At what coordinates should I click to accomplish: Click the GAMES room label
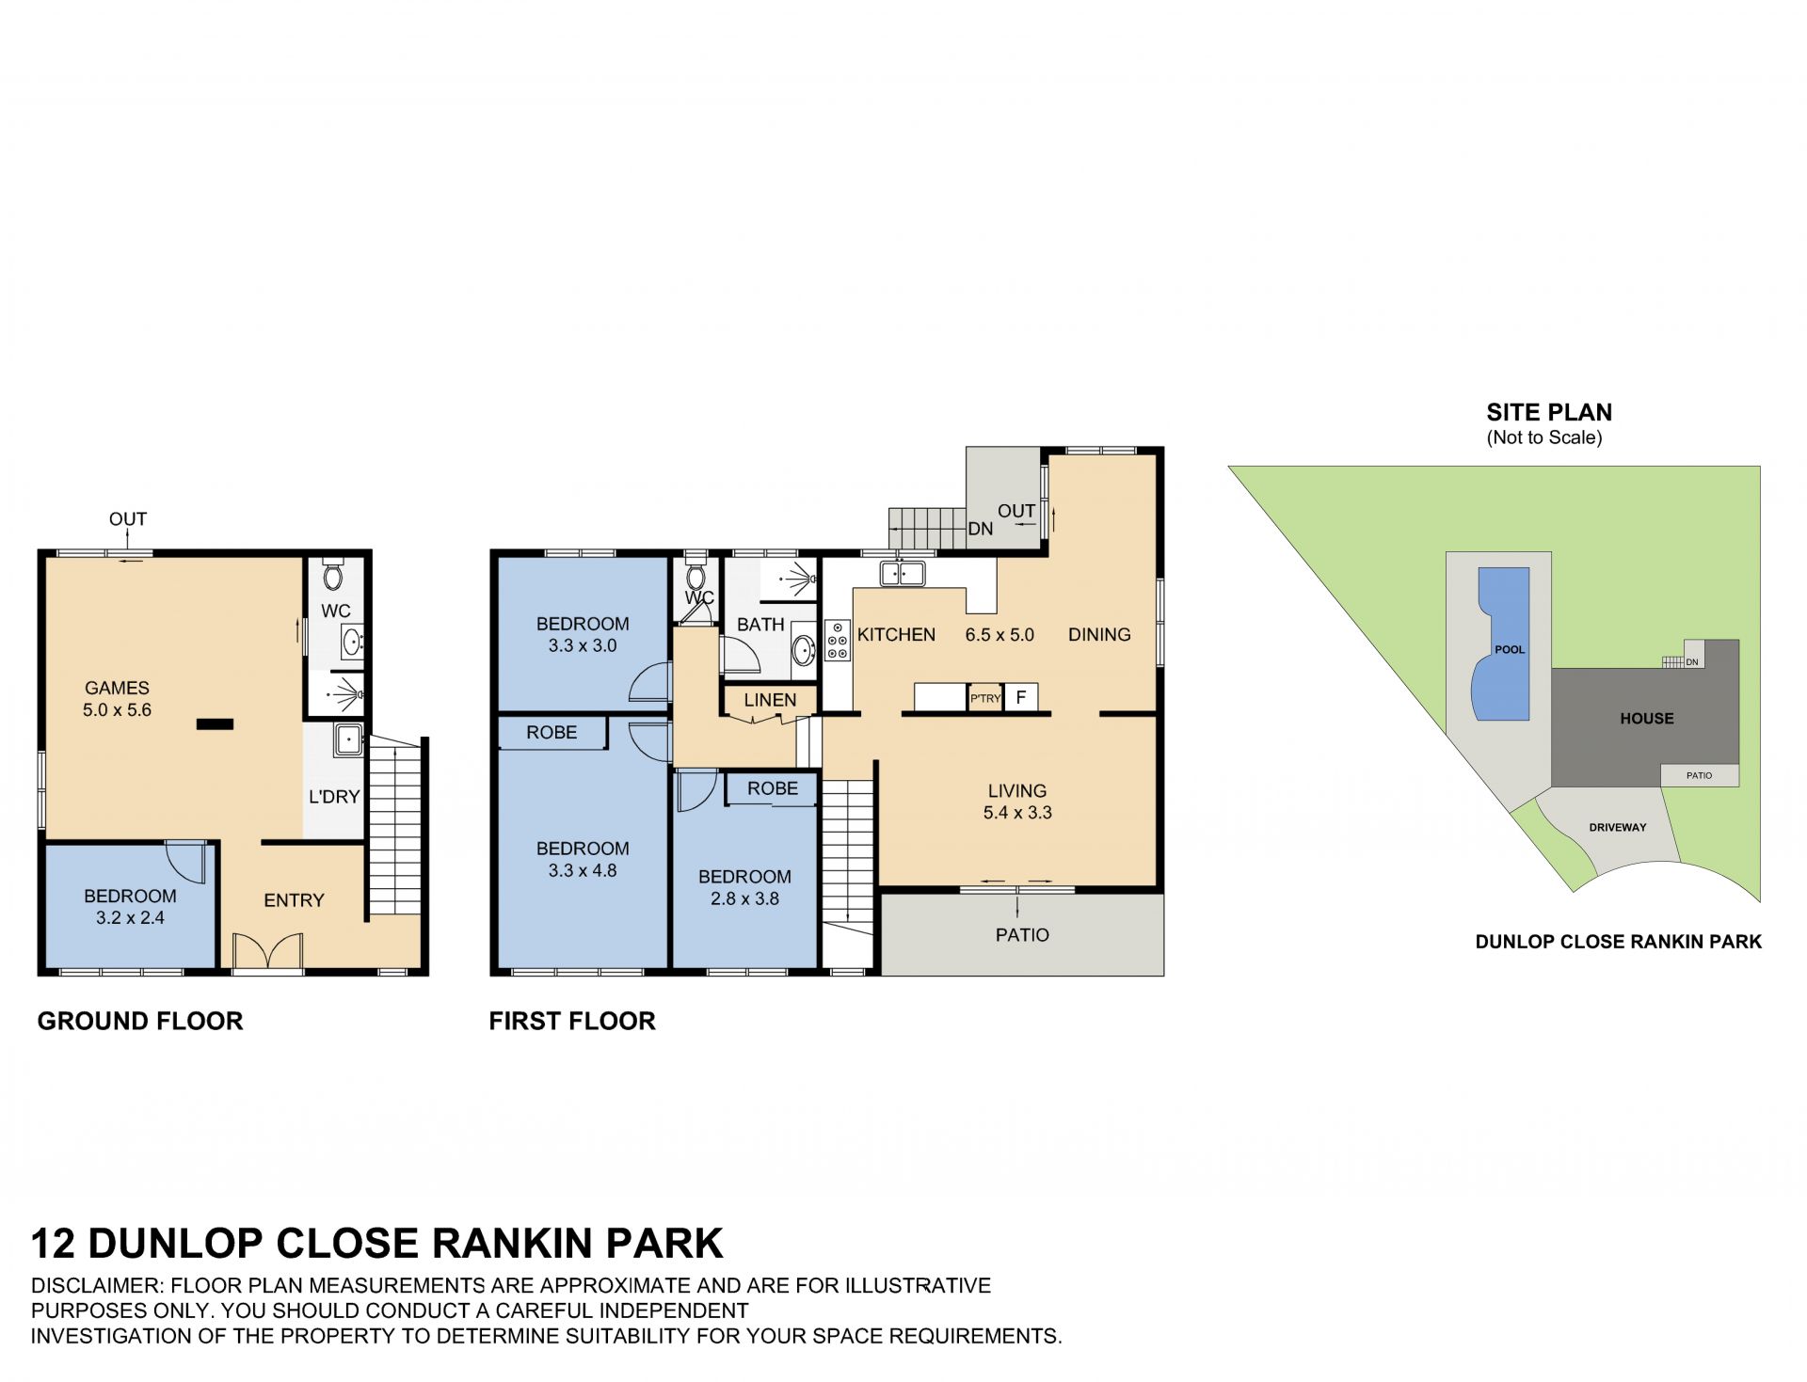click(117, 688)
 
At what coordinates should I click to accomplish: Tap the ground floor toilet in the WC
click(333, 574)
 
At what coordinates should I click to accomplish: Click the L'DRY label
click(334, 797)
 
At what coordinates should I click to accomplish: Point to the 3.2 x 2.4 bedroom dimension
click(130, 917)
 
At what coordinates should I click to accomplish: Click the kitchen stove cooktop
click(837, 641)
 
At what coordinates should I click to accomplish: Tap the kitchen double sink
click(902, 572)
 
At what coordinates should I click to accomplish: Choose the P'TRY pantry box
click(985, 698)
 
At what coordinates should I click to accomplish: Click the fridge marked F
click(1020, 697)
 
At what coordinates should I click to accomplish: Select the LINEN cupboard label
click(770, 700)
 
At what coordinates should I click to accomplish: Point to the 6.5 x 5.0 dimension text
click(999, 635)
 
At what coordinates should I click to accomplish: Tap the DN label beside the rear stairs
click(981, 529)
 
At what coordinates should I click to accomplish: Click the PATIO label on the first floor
click(1022, 935)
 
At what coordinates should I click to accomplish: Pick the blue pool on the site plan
click(1503, 643)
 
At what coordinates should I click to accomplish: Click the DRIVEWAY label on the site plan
click(1618, 828)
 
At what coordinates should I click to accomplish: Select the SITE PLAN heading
click(1549, 412)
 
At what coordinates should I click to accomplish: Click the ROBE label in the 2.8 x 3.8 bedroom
click(773, 788)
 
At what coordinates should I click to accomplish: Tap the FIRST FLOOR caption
click(572, 1021)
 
